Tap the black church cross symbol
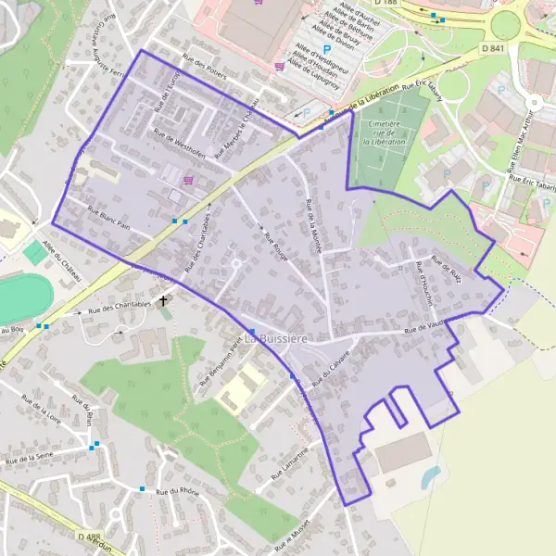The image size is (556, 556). [165, 301]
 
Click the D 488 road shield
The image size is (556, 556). [91, 537]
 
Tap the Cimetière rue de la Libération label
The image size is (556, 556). [383, 133]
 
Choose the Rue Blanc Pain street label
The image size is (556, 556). [108, 219]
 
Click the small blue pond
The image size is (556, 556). [429, 477]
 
